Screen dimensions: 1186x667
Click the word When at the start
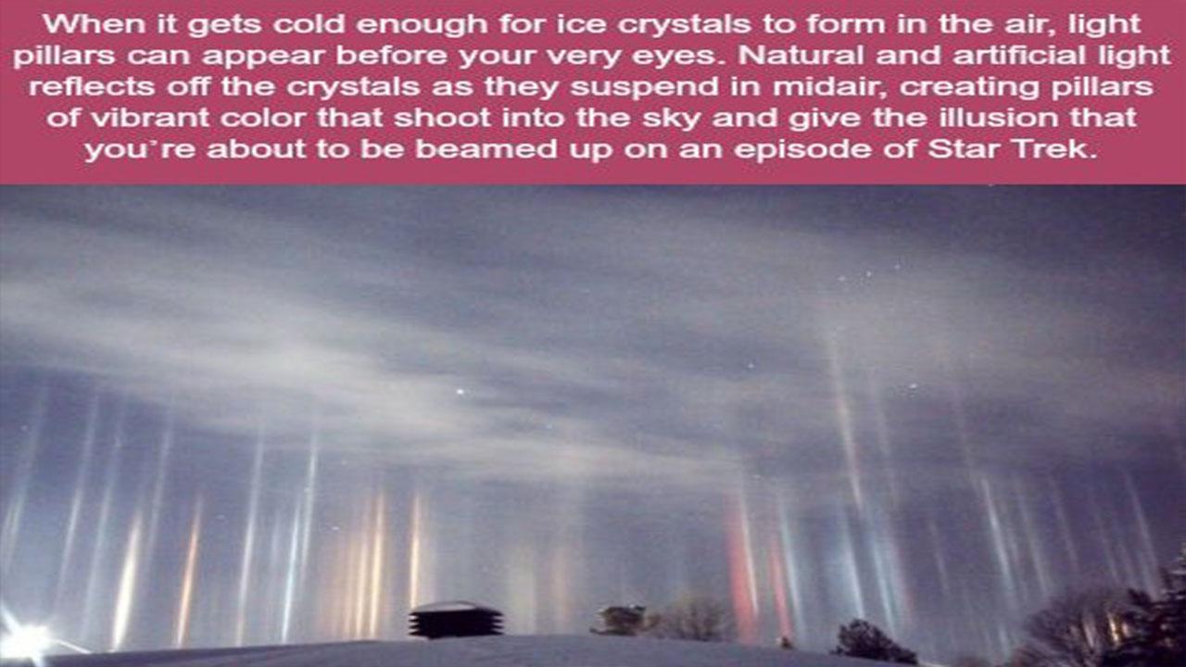coord(95,24)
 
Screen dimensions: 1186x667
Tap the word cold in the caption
coord(309,24)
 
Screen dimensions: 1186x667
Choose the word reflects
coord(92,86)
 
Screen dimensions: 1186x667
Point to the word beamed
coord(486,149)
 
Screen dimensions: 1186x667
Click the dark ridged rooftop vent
coord(455,621)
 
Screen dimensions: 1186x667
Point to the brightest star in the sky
coord(461,392)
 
